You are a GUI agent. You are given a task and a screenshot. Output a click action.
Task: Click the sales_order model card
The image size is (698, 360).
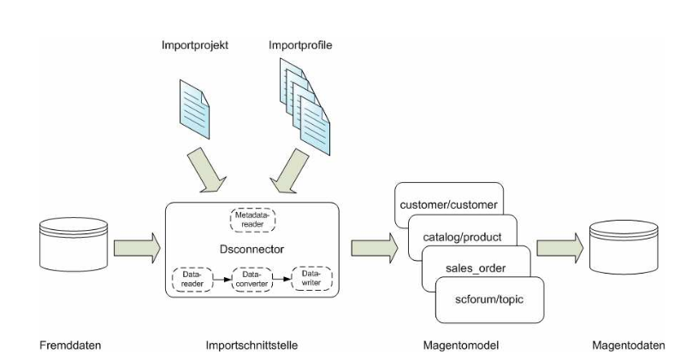point(476,267)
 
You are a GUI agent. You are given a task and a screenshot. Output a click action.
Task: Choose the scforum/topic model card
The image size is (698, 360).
point(490,300)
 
